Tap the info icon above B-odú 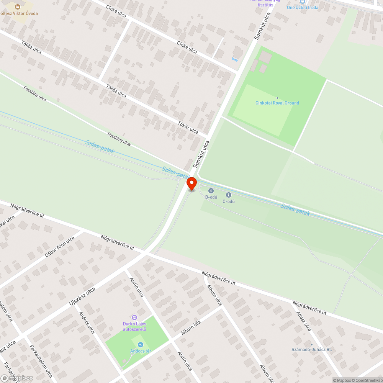point(211,191)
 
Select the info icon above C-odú point(229,195)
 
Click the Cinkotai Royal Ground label point(277,103)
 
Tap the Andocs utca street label point(87,322)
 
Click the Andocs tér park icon point(140,345)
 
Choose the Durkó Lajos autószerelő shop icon point(134,318)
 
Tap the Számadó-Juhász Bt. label point(311,350)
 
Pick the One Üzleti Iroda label point(303,8)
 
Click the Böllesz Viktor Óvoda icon point(17,7)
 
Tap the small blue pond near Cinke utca point(234,59)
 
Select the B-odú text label point(211,197)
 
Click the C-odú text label point(229,201)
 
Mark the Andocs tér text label point(140,351)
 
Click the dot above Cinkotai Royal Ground point(277,98)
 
